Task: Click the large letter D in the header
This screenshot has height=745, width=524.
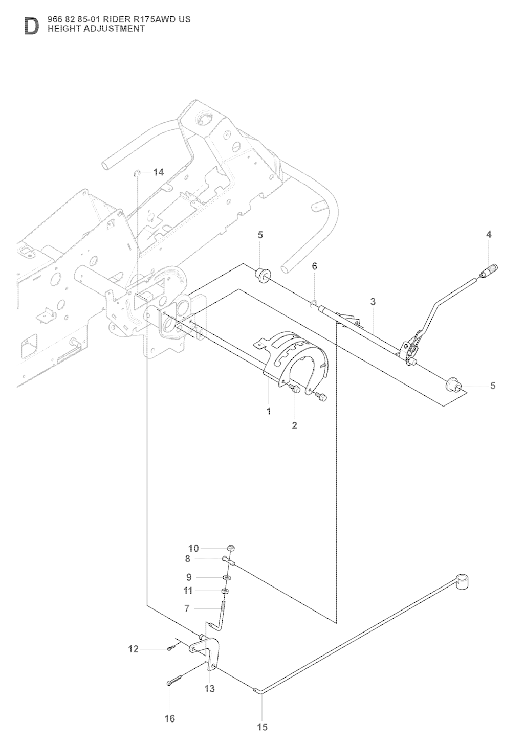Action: coord(31,27)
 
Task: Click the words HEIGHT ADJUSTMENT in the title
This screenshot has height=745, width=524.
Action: coord(96,29)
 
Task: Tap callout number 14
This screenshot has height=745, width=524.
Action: coord(159,172)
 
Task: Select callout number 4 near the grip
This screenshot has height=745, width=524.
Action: coord(489,234)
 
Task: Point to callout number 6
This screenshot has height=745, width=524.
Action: coord(314,266)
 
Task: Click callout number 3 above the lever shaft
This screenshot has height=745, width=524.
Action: coord(373,302)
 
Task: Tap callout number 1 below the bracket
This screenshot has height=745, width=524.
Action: coord(269,411)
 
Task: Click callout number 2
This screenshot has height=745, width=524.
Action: coord(294,425)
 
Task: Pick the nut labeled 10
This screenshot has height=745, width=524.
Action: coord(231,549)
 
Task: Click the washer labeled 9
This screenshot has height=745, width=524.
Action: coord(226,578)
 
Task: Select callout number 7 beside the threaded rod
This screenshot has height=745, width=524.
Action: coord(187,608)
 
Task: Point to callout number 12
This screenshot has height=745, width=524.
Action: coord(133,649)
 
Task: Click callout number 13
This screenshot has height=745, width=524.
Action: coord(210,689)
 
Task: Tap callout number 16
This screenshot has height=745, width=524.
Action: coord(169,718)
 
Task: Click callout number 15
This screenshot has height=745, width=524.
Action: coord(262,727)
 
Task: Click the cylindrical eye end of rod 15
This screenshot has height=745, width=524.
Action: coord(463,581)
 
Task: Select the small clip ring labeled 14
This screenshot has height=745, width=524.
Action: coord(137,173)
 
